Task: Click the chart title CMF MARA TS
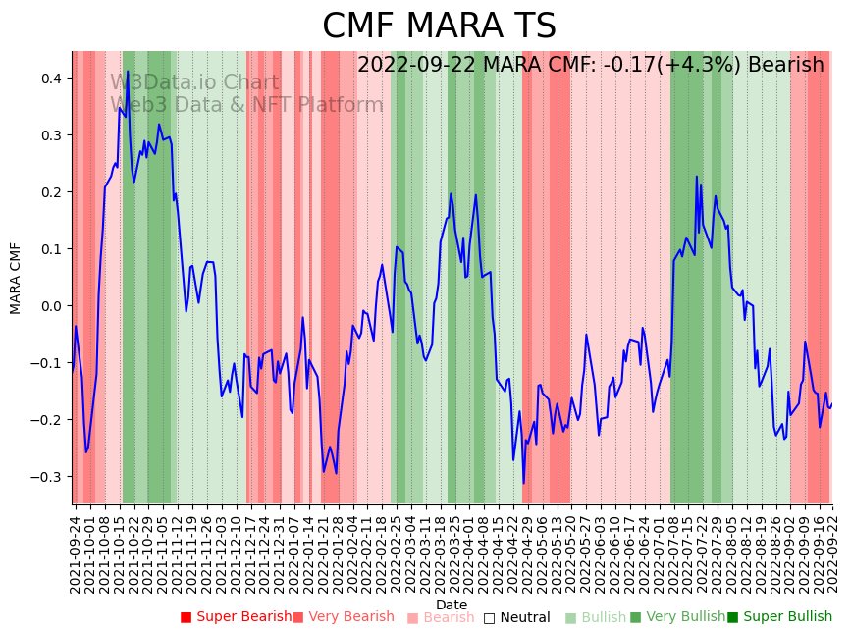[439, 26]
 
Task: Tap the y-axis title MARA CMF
[16, 278]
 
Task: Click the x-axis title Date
[452, 605]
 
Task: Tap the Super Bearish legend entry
[236, 617]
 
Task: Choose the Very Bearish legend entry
[343, 617]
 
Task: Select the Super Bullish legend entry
[779, 617]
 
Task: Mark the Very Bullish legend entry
[677, 617]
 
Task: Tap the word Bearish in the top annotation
[785, 65]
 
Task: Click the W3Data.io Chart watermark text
[194, 83]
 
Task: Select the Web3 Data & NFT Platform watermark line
[246, 106]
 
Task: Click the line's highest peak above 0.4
[128, 72]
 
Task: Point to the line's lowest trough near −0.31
[524, 483]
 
